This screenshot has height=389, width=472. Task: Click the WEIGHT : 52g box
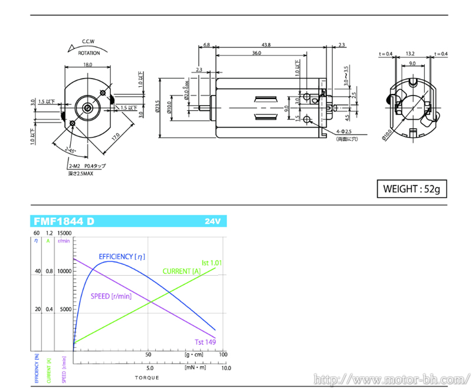tap(412, 189)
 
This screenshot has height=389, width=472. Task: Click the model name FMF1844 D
tap(64, 222)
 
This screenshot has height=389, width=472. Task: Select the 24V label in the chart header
tap(212, 222)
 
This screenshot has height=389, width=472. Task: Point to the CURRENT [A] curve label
tap(181, 271)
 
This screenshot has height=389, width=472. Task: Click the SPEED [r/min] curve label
tap(111, 296)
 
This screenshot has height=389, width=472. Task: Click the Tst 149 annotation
tap(205, 342)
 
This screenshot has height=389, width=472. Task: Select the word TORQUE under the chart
tap(146, 377)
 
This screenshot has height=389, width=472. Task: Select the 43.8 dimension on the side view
tap(266, 45)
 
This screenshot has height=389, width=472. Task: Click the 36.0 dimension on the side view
tap(257, 54)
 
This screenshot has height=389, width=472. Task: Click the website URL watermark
tap(390, 378)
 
